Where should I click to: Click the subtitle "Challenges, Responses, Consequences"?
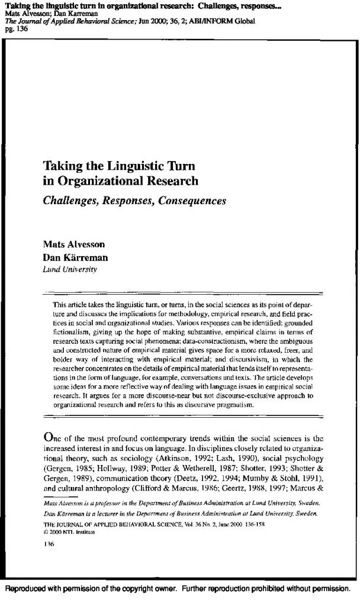click(x=134, y=200)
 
